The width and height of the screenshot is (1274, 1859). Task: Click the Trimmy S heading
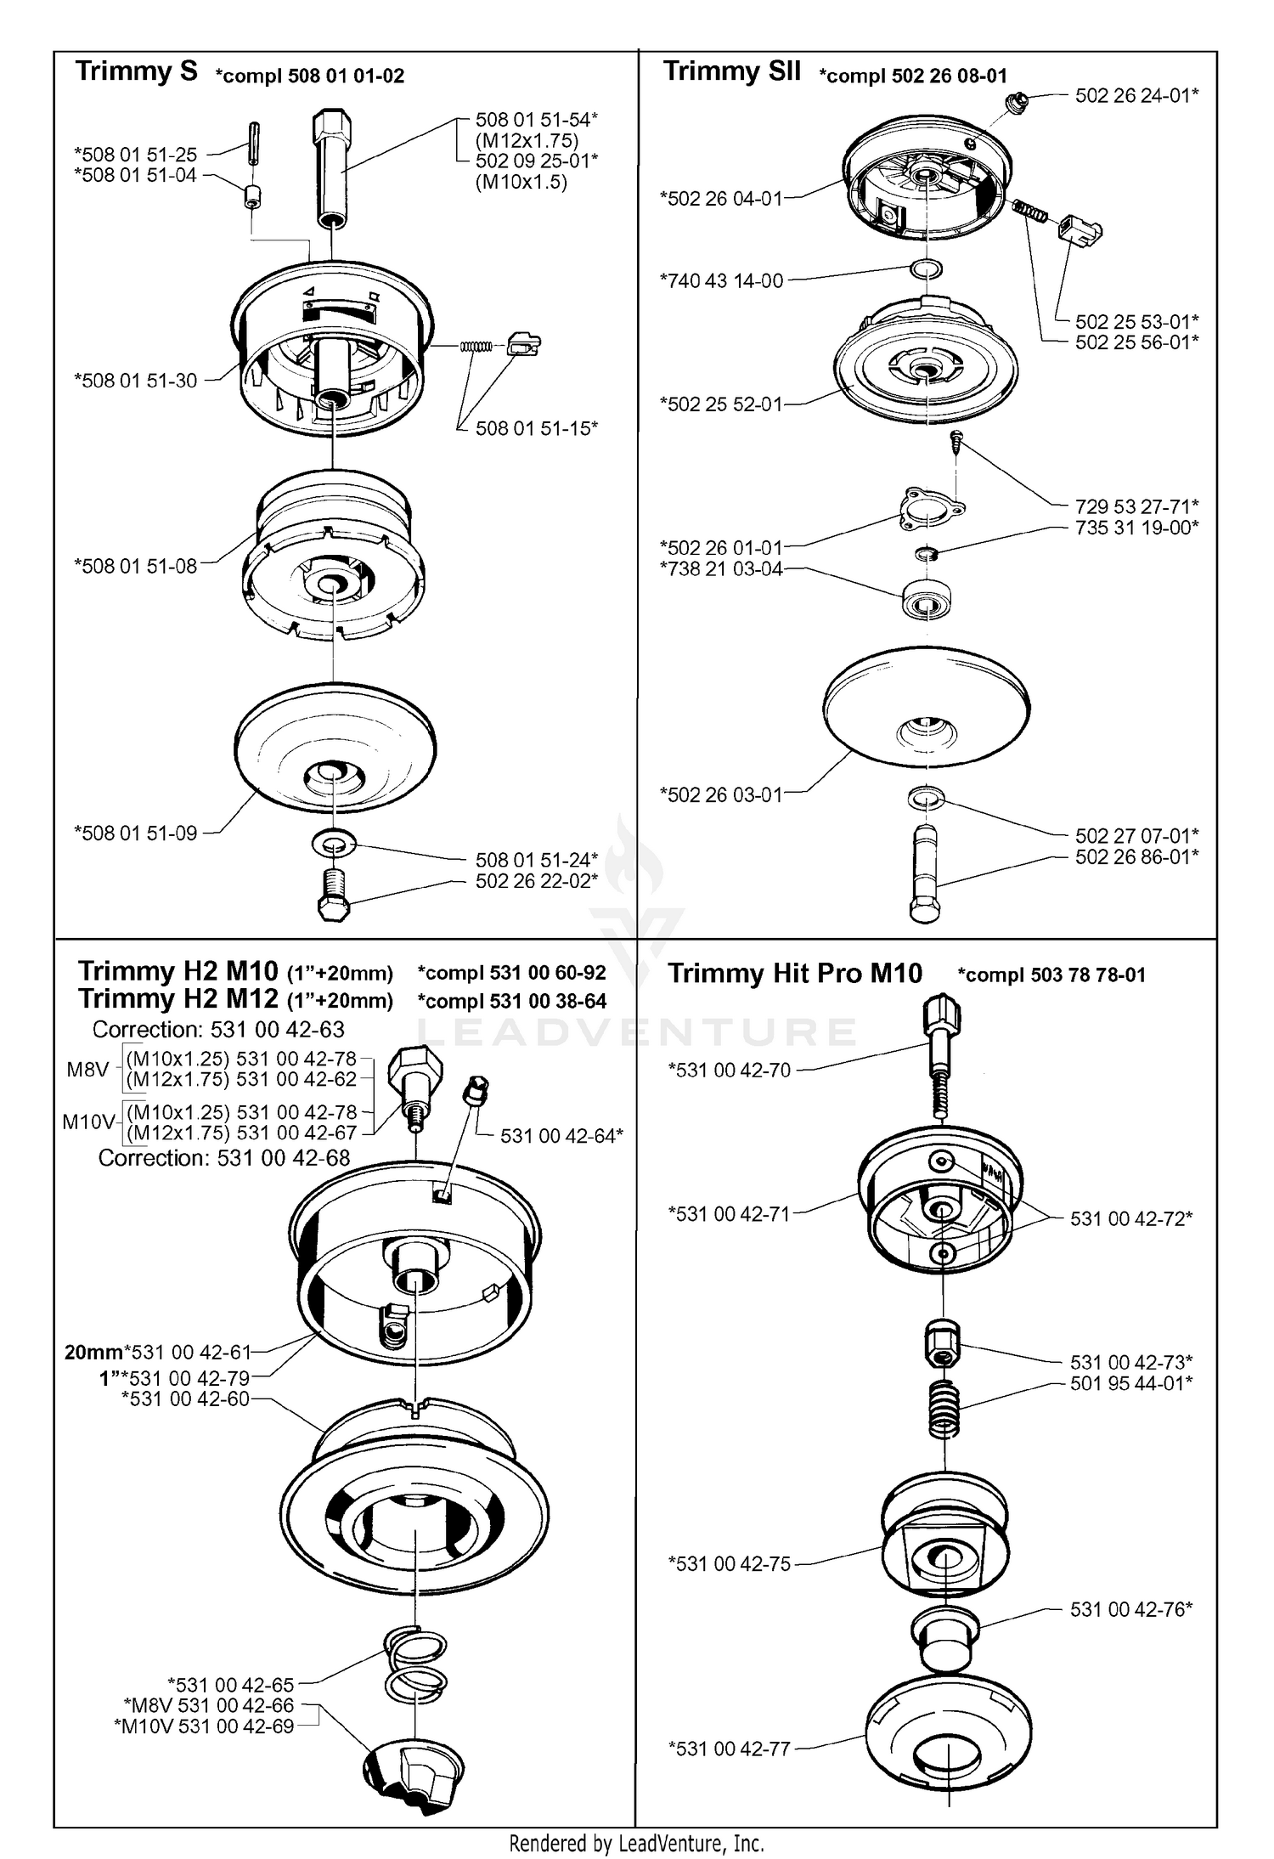coord(137,71)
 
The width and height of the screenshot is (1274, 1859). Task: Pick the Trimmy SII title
coord(732,71)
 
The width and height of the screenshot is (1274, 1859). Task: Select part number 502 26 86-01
coord(1137,856)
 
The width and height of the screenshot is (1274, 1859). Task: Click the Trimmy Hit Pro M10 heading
coord(795,973)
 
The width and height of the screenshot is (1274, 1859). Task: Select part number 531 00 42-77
coord(730,1749)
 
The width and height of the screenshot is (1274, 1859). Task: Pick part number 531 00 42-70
coord(730,1070)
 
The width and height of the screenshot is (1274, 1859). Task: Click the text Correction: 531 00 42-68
coord(224,1157)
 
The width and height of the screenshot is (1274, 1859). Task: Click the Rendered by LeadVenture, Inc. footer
coord(637,1840)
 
